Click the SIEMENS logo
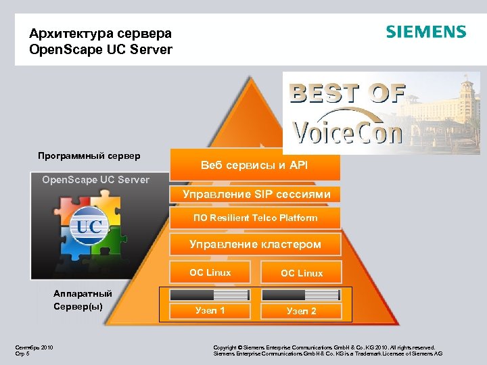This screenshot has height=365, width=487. (x=425, y=32)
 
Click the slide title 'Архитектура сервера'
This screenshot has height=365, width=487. (x=101, y=33)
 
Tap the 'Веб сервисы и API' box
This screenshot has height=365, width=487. (x=254, y=164)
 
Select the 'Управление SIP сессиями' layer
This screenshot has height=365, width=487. (x=256, y=195)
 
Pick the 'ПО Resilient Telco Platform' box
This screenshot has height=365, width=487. (x=256, y=218)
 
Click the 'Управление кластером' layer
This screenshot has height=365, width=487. (x=255, y=244)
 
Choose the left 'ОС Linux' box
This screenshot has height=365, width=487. (x=210, y=273)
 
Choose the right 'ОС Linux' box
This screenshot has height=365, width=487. (x=302, y=273)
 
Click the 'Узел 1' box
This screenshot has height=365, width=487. (x=210, y=311)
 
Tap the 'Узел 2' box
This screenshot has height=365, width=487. (x=302, y=311)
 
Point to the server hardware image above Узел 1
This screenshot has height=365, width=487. (x=210, y=295)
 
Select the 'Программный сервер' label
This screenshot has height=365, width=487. (x=89, y=156)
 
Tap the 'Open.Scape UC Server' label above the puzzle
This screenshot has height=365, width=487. (x=95, y=180)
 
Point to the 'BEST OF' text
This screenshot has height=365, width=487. (x=348, y=93)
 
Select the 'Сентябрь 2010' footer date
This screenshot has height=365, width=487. (x=34, y=347)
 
